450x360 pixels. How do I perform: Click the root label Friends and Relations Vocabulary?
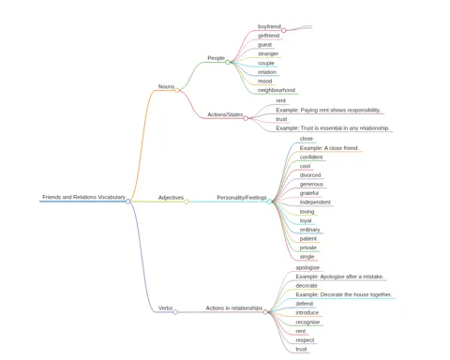tap(83, 197)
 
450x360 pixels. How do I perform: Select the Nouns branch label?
tap(166, 86)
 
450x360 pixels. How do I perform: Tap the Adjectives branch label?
tap(171, 198)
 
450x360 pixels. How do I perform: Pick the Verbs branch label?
tap(165, 308)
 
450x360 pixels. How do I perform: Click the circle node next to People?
tap(228, 62)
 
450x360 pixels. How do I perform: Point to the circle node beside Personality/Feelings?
tap(269, 202)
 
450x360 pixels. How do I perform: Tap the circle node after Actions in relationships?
tap(265, 312)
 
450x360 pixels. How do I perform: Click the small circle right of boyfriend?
tap(284, 30)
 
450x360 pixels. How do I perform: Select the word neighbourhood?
tap(277, 90)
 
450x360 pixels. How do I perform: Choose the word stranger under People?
tap(268, 53)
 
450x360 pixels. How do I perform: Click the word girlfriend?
tap(268, 36)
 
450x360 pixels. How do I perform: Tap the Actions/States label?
tap(225, 114)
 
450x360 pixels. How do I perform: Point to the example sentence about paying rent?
tap(328, 110)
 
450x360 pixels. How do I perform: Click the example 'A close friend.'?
tap(329, 148)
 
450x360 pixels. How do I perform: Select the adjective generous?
tap(311, 185)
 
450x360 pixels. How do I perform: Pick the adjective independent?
tap(315, 202)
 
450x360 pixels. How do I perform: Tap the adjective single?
tap(307, 257)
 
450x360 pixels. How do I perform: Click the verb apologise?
tap(307, 268)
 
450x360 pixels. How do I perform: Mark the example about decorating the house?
tap(343, 294)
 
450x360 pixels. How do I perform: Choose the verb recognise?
tap(307, 322)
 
